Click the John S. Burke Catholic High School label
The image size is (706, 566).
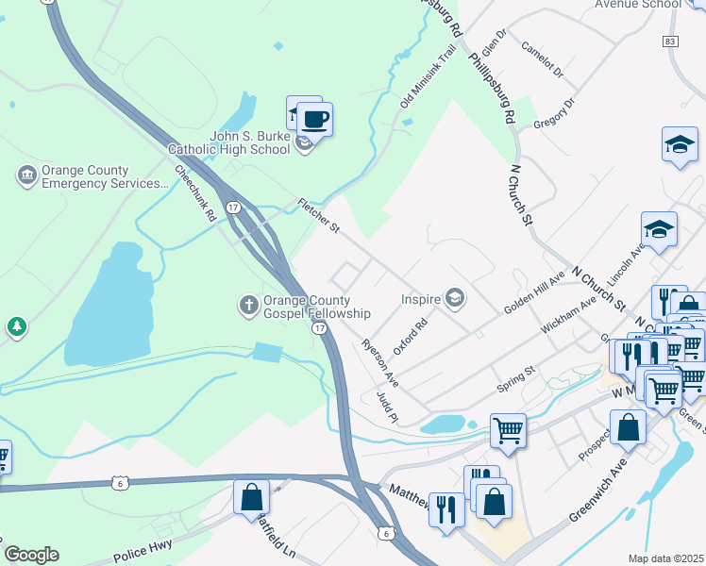pos(249,142)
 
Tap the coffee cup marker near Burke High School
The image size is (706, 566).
pos(315,121)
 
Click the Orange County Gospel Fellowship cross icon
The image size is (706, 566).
pos(247,304)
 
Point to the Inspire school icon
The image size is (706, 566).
pos(455,299)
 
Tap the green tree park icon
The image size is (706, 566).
pos(16,327)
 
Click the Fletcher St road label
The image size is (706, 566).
pos(318,216)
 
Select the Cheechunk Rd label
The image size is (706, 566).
pos(196,193)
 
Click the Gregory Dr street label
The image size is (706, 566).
pos(554,114)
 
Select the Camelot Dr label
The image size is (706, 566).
pos(543,59)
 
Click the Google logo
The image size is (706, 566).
pos(31,555)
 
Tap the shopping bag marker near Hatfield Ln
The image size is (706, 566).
pos(252,497)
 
